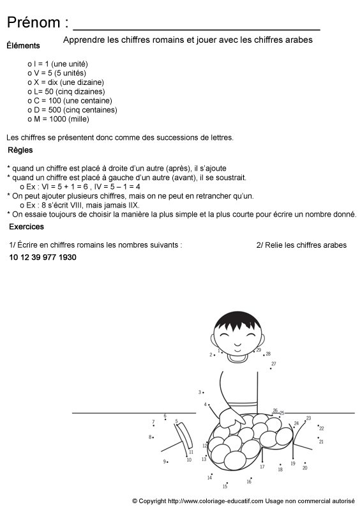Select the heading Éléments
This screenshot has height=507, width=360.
click(x=23, y=45)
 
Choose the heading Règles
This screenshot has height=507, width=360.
click(x=20, y=151)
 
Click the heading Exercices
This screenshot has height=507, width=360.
click(x=26, y=227)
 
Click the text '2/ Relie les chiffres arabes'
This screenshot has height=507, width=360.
click(x=301, y=245)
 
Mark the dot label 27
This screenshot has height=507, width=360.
click(x=273, y=364)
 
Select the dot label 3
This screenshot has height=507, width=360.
click(x=200, y=392)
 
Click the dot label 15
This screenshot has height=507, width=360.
click(x=225, y=487)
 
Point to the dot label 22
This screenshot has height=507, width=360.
click(x=321, y=428)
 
